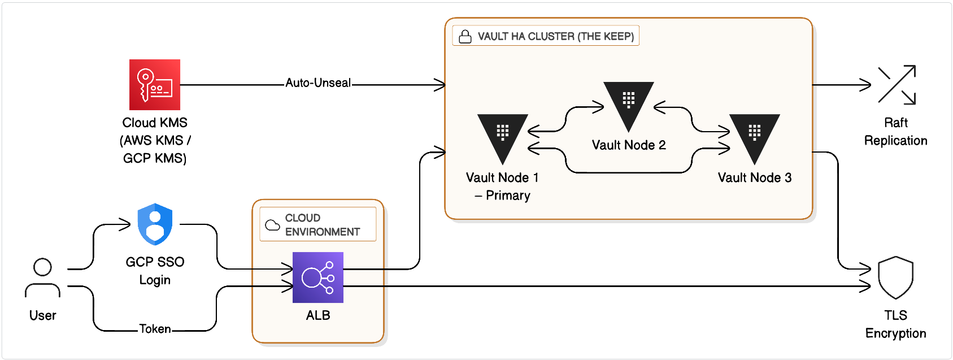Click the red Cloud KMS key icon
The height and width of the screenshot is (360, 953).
coord(155,85)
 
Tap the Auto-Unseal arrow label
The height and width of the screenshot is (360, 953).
coord(318,83)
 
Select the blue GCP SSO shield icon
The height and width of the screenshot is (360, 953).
coord(155,224)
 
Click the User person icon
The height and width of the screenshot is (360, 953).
coord(42,277)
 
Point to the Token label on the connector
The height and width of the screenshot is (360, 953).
coord(155,329)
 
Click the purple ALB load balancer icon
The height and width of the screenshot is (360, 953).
coord(318,277)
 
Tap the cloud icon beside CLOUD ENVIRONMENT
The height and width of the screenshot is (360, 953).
coord(273,225)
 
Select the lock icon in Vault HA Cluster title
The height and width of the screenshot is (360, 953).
coord(465,37)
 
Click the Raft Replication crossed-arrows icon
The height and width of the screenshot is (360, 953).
coord(897,85)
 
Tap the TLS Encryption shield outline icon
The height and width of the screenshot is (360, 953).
coord(895,277)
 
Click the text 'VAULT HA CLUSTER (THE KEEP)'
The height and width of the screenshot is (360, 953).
coord(556,37)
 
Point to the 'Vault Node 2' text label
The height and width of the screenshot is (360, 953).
coord(629,145)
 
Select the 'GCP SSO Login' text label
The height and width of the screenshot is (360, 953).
coord(155,271)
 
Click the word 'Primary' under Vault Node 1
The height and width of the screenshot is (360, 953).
coord(508,196)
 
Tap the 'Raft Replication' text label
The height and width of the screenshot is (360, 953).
coord(895,132)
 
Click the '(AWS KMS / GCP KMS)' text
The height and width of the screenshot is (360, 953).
coord(155,149)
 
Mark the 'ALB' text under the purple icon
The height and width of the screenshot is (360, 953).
coord(318,315)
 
